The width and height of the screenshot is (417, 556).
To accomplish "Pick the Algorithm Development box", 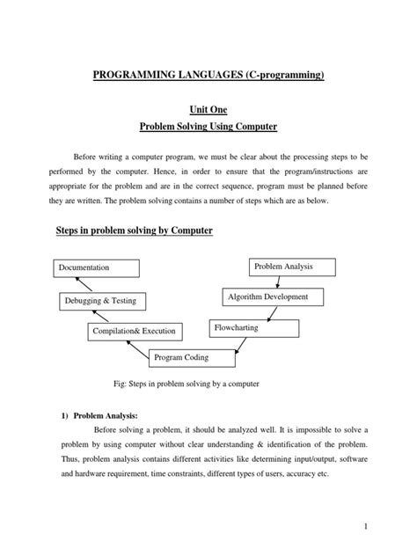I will click(x=267, y=297).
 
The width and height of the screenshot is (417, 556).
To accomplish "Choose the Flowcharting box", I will click(x=253, y=328).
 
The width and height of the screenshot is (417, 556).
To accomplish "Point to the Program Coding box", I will click(x=193, y=357).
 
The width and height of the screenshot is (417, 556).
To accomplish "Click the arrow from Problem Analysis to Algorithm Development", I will click(x=279, y=282).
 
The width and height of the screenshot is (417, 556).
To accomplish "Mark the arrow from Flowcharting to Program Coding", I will click(x=223, y=343).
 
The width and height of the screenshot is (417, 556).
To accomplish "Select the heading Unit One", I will click(x=208, y=108).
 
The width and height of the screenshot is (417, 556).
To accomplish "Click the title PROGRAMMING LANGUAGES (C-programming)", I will click(x=208, y=76).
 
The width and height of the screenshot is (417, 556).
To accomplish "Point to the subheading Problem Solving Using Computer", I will click(x=208, y=127).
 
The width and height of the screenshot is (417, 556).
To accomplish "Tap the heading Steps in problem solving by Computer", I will click(x=135, y=230).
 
